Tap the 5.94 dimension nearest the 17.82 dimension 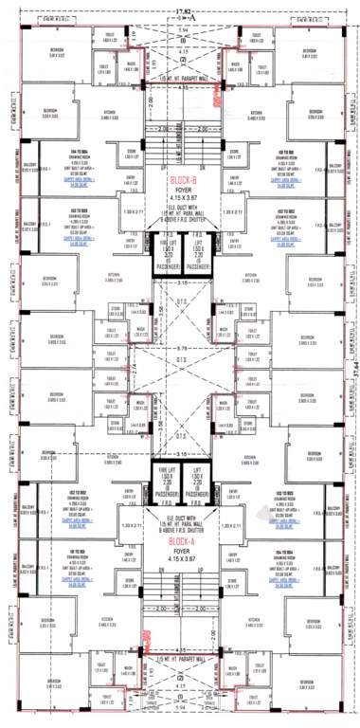[x=180, y=31]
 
